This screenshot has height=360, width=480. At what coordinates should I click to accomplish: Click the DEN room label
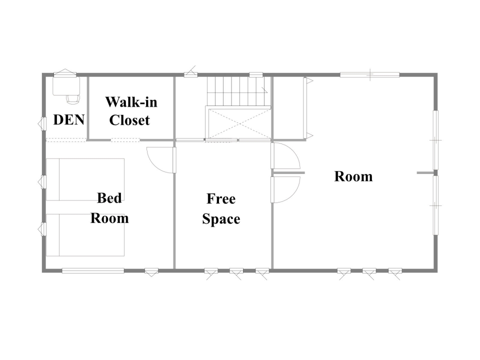(x=69, y=119)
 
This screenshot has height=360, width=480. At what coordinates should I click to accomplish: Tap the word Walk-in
(x=131, y=102)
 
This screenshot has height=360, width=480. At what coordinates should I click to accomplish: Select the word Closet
(x=129, y=120)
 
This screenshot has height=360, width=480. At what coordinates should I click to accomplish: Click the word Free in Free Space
(x=221, y=198)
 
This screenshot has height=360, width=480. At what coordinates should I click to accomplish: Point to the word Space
(x=221, y=219)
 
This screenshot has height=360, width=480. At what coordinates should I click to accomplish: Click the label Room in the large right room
(x=353, y=176)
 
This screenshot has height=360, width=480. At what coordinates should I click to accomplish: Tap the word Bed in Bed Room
(x=109, y=198)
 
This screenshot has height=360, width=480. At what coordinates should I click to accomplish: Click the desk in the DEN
(x=66, y=85)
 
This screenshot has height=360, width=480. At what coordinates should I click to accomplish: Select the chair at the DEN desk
(x=73, y=98)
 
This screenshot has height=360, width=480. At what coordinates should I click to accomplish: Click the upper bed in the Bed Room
(x=85, y=179)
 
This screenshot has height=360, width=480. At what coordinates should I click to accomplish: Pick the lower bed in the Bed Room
(x=85, y=235)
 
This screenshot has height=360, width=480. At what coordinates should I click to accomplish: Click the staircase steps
(x=237, y=91)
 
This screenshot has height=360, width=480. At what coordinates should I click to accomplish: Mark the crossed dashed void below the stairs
(x=239, y=123)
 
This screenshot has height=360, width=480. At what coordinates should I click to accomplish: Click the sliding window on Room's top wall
(x=370, y=74)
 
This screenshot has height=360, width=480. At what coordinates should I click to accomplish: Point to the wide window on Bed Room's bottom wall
(x=93, y=270)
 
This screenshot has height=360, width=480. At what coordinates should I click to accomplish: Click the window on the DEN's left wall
(x=43, y=124)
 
